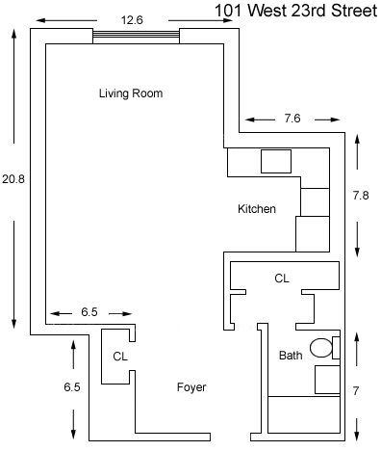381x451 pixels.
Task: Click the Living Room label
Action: tap(131, 93)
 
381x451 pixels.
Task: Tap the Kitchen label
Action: tap(257, 209)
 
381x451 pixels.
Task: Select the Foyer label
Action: tap(191, 387)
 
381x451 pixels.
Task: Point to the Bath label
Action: tap(291, 356)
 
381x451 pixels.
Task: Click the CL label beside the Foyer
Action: tap(120, 357)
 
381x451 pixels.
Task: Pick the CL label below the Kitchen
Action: tap(282, 279)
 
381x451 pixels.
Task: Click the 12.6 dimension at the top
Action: tap(132, 20)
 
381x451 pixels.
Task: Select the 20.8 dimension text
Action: tap(13, 179)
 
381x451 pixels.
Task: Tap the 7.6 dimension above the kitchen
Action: tap(292, 119)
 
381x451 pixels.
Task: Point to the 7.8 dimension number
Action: tap(361, 196)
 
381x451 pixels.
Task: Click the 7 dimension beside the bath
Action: tap(356, 391)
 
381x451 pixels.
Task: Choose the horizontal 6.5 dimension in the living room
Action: tap(89, 312)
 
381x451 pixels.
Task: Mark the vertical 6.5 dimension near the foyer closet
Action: tap(72, 387)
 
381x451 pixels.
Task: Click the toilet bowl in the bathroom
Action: tap(321, 348)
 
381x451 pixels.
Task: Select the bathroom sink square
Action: tap(327, 380)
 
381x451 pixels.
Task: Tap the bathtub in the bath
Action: tap(304, 414)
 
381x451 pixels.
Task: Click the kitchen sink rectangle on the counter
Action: tap(276, 161)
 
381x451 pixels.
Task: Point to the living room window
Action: tap(136, 36)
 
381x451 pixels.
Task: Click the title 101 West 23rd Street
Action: tap(295, 11)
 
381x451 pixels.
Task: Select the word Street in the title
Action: tap(354, 11)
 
